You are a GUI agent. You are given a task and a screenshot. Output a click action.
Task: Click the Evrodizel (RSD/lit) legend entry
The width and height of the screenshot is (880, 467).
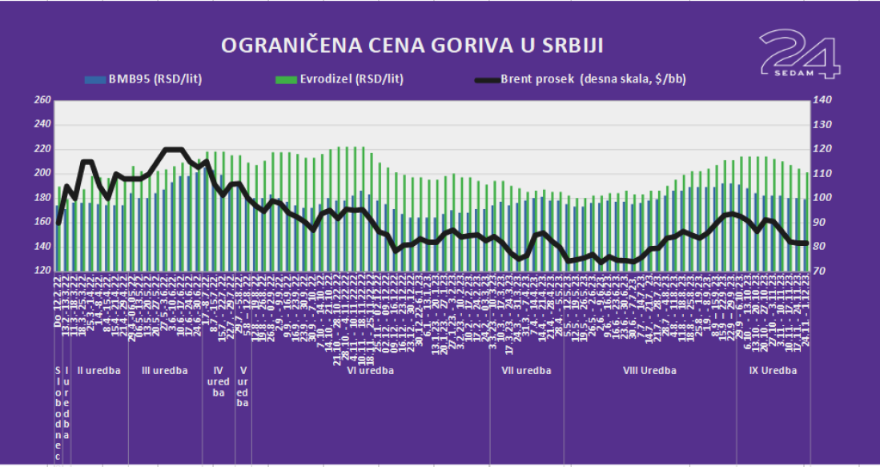[x=340, y=79]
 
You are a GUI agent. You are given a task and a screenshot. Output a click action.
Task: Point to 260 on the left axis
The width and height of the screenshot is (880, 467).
[x=42, y=100]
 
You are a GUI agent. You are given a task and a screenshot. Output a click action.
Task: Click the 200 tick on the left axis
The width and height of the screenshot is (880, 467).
[x=42, y=173]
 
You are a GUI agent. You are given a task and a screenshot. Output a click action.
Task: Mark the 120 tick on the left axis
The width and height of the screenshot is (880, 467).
[x=42, y=271]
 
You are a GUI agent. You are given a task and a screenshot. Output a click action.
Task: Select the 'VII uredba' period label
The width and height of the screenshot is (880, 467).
[x=526, y=370]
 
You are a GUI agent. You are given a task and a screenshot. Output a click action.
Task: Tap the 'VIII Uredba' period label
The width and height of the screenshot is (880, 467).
[x=650, y=370]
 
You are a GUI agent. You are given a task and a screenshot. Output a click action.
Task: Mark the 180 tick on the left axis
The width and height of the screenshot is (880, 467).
[x=42, y=198]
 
